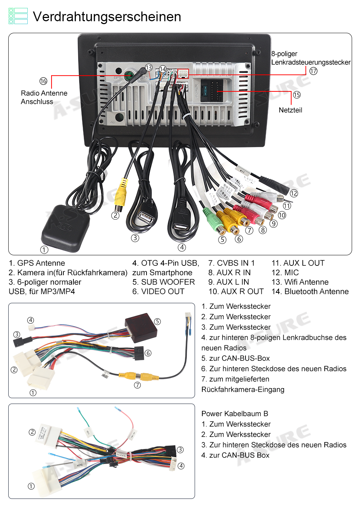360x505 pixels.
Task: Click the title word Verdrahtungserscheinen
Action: (x=107, y=17)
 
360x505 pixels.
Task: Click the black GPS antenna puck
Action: (x=65, y=228)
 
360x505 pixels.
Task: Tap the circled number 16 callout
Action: (x=43, y=81)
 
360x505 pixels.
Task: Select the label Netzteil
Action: (x=290, y=110)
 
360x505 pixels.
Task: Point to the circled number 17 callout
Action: (x=313, y=71)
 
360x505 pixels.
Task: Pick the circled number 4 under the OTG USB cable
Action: (x=182, y=247)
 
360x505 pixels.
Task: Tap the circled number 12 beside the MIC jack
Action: (x=294, y=193)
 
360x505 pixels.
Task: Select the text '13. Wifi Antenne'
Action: (x=300, y=282)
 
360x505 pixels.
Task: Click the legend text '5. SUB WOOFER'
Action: (x=163, y=282)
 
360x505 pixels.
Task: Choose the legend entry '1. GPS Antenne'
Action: (x=37, y=263)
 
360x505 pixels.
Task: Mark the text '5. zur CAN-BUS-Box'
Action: (x=235, y=358)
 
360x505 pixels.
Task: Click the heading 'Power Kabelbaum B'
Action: (x=235, y=414)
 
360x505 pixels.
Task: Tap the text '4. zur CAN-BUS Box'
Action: (x=235, y=455)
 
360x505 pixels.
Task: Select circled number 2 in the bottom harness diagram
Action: (x=32, y=432)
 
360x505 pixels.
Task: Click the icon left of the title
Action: (x=18, y=16)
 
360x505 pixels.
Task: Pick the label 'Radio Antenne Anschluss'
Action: (x=44, y=97)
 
